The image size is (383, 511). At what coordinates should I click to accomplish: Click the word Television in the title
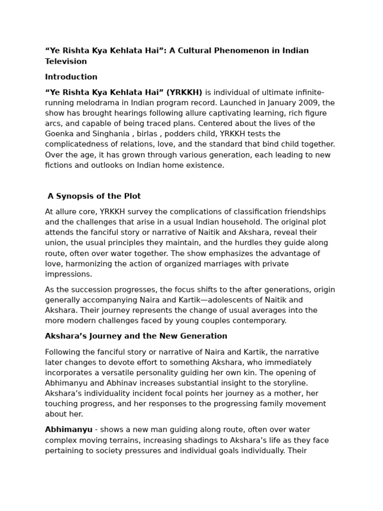point(66,61)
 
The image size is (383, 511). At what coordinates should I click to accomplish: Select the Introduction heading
point(71,77)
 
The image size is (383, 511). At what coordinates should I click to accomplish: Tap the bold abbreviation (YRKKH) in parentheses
point(184,92)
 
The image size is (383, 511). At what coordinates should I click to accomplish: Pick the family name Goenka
point(58,134)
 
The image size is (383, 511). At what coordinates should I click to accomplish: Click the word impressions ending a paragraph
point(68,274)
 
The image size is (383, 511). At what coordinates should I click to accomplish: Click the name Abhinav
point(129,383)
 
